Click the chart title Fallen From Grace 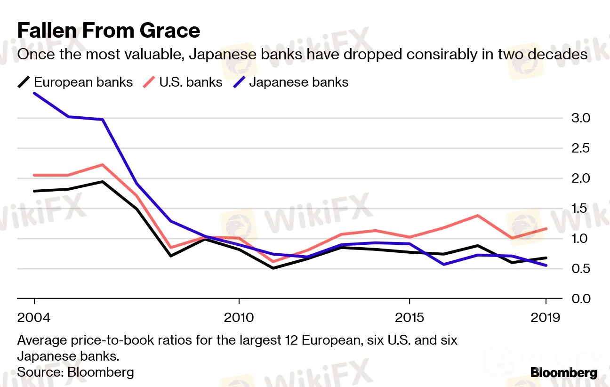[109, 31]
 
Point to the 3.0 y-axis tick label [581, 118]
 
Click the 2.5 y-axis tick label [581, 148]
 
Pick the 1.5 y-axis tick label [581, 209]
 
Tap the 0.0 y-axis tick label [581, 299]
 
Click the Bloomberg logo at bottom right [563, 373]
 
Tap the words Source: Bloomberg [75, 372]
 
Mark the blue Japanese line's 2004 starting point [34, 93]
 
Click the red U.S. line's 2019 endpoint [546, 229]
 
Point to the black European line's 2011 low [273, 268]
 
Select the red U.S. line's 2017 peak [478, 216]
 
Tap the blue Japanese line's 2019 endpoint [546, 266]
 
